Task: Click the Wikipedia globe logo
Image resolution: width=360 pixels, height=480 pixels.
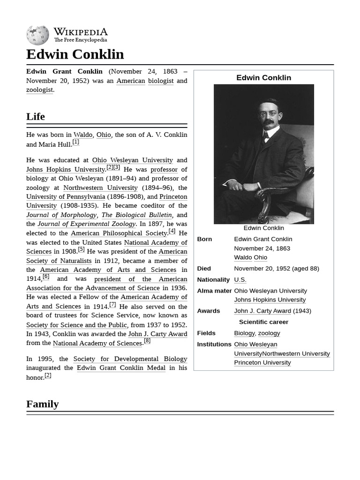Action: pyautogui.click(x=37, y=36)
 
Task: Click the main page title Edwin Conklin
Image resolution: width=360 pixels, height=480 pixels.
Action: pyautogui.click(x=75, y=54)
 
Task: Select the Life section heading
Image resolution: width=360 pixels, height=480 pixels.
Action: pyautogui.click(x=36, y=116)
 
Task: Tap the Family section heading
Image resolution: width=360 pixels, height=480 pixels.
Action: pyautogui.click(x=43, y=404)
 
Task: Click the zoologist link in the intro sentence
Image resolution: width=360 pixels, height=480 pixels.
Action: pyautogui.click(x=40, y=90)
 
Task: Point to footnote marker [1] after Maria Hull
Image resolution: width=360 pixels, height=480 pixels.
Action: pyautogui.click(x=75, y=142)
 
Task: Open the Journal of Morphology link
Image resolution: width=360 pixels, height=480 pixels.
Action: pyautogui.click(x=61, y=215)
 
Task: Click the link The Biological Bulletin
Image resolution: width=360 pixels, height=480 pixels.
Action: pyautogui.click(x=136, y=215)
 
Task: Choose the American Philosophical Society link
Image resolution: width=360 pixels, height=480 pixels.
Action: pyautogui.click(x=119, y=233)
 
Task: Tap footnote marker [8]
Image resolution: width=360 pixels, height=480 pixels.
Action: pyautogui.click(x=147, y=341)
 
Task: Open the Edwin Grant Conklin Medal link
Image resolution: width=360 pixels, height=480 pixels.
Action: pyautogui.click(x=121, y=368)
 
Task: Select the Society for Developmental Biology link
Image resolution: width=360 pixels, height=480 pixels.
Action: pyautogui.click(x=130, y=359)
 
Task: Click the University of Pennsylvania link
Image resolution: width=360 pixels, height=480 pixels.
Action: pyautogui.click(x=66, y=196)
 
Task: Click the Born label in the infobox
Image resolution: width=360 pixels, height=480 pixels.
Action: pyautogui.click(x=204, y=239)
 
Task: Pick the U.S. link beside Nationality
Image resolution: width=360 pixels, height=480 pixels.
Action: pyautogui.click(x=240, y=280)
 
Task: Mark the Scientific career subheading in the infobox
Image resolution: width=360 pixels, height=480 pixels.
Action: pyautogui.click(x=263, y=322)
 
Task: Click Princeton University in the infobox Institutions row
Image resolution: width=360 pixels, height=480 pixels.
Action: pyautogui.click(x=262, y=362)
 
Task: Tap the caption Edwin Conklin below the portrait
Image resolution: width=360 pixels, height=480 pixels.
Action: pyautogui.click(x=263, y=228)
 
